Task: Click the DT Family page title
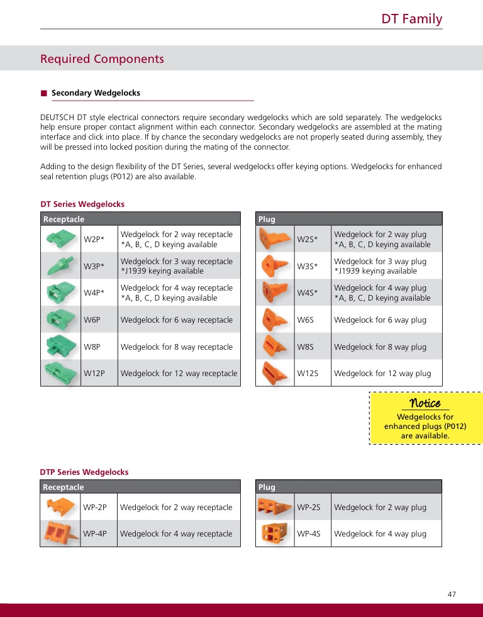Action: [411, 19]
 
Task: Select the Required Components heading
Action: [102, 59]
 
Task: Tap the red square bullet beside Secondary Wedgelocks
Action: [44, 93]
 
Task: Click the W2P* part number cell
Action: [94, 240]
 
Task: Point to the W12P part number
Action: [94, 374]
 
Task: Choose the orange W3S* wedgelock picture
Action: [274, 267]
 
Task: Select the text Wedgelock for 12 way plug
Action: [382, 374]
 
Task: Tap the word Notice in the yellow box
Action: [425, 403]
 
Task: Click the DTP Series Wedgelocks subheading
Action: [84, 472]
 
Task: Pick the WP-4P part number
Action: [95, 534]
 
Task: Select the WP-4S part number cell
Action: [309, 534]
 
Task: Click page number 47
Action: [452, 594]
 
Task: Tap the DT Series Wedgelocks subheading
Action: [82, 204]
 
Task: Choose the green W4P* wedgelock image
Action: [60, 293]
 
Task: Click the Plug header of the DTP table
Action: [267, 487]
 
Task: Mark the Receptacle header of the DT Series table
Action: [64, 220]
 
